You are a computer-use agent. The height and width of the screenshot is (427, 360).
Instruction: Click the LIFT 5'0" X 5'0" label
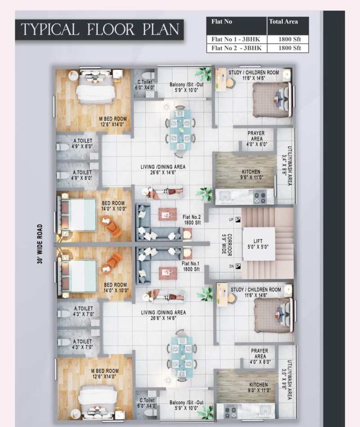(x=258, y=244)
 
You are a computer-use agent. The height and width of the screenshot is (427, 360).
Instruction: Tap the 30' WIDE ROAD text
(x=40, y=244)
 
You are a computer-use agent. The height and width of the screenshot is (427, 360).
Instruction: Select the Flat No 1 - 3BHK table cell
(x=236, y=39)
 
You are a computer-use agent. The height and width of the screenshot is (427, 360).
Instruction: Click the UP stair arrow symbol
(x=238, y=219)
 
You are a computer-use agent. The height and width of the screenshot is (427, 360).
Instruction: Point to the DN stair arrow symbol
(x=238, y=266)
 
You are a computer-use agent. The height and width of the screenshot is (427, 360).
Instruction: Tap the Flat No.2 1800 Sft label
(x=192, y=220)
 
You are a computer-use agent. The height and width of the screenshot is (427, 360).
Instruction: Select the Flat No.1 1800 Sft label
(x=191, y=266)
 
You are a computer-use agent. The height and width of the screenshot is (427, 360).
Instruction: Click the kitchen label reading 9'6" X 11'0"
(x=251, y=175)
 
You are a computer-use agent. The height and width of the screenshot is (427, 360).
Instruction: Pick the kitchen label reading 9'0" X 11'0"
(x=258, y=387)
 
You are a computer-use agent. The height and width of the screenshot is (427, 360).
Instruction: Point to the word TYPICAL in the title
(x=50, y=29)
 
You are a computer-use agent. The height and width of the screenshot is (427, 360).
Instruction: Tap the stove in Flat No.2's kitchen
(x=259, y=197)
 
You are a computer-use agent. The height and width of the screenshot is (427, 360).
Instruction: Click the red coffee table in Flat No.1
(x=167, y=273)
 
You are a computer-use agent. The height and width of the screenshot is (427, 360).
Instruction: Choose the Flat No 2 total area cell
(x=288, y=48)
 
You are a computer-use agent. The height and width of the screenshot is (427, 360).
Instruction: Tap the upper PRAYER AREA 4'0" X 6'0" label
(x=256, y=139)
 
